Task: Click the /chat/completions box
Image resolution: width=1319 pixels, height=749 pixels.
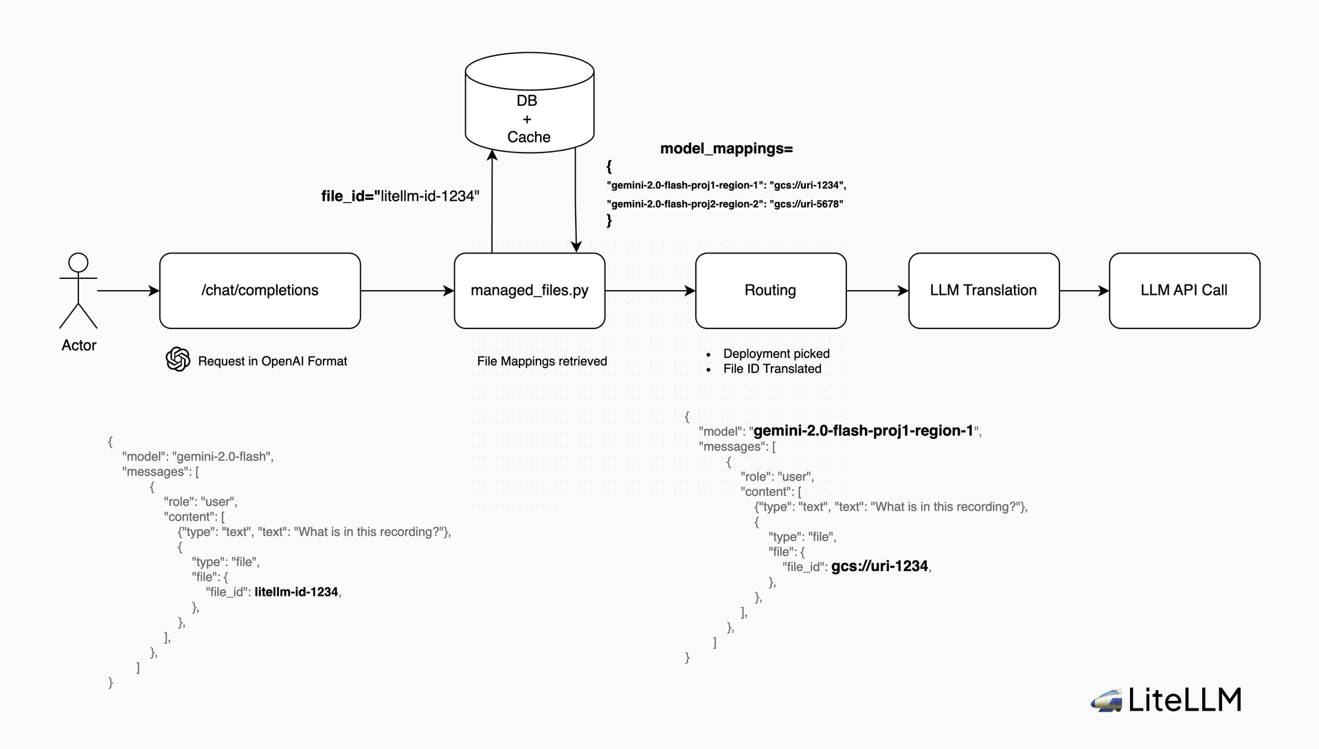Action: [260, 291]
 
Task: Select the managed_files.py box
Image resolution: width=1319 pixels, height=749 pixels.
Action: [529, 291]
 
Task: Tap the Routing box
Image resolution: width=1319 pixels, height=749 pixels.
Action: [770, 291]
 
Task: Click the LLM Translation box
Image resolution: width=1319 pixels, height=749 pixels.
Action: [983, 291]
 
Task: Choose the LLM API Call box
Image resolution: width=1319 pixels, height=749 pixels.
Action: [1184, 291]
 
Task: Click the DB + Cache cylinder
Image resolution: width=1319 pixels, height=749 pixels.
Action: [529, 110]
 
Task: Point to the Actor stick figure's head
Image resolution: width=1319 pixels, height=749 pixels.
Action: [78, 262]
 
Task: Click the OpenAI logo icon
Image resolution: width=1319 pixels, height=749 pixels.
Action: [178, 359]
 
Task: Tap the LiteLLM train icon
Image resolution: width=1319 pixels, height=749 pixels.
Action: [1106, 701]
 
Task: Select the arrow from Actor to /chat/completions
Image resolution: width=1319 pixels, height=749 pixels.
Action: [128, 291]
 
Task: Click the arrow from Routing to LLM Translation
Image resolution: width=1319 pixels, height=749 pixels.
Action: [877, 291]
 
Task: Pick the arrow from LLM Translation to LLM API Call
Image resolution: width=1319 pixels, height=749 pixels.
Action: [1084, 291]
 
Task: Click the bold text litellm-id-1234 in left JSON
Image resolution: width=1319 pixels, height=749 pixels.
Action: [296, 592]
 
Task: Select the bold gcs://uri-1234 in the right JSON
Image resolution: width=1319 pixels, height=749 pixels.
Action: [879, 566]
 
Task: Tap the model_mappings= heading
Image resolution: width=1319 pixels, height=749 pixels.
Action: [726, 148]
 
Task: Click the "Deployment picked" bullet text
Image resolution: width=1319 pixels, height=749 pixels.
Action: [776, 354]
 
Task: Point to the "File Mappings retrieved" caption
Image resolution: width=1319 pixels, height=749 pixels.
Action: [542, 361]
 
